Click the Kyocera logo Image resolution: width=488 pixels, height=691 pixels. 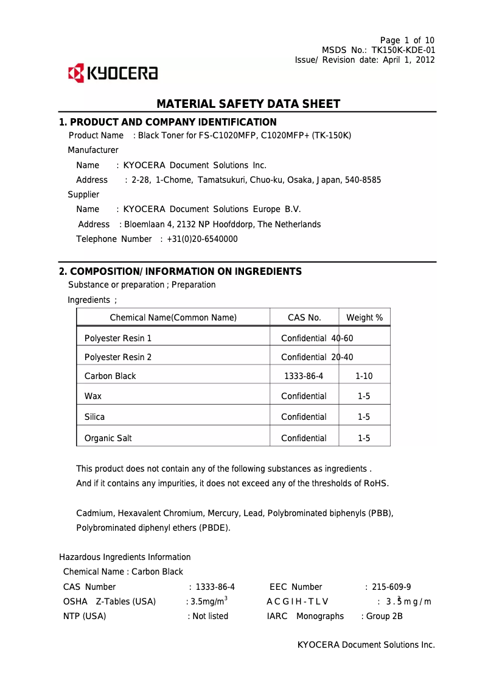[113, 74]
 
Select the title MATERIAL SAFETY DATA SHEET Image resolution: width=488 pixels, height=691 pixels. [248, 104]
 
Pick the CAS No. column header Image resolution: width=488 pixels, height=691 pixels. [304, 317]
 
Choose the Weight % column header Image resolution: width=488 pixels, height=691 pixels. [364, 317]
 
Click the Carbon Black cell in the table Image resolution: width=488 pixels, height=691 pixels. [110, 376]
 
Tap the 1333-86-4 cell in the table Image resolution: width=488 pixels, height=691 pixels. [304, 376]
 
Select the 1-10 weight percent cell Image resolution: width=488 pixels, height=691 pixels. [364, 376]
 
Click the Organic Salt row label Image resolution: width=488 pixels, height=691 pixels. [108, 438]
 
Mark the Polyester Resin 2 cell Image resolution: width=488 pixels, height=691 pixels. [118, 357]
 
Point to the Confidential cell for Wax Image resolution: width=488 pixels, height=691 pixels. [304, 396]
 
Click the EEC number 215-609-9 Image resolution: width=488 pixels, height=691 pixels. [391, 587]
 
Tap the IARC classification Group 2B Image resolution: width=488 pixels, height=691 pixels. [384, 616]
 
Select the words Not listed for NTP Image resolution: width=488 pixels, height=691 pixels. [210, 616]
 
